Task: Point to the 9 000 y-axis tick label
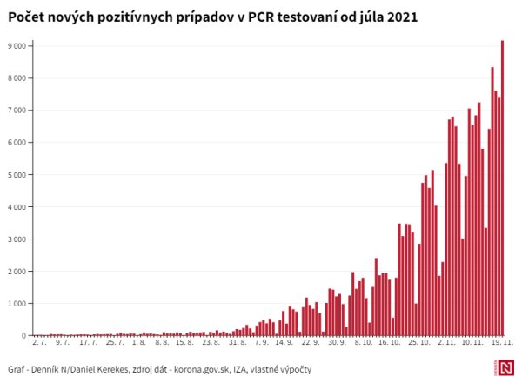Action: (17, 45)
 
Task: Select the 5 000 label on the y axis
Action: (17, 174)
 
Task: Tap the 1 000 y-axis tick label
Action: (17, 303)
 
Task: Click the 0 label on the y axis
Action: (24, 335)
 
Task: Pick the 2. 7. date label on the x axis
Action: (38, 344)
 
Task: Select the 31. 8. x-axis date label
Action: (238, 344)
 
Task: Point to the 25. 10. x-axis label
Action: (418, 344)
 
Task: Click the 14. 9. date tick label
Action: (284, 344)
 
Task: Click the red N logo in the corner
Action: (507, 368)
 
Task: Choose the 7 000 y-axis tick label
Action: (17, 110)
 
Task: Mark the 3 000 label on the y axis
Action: (17, 239)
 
